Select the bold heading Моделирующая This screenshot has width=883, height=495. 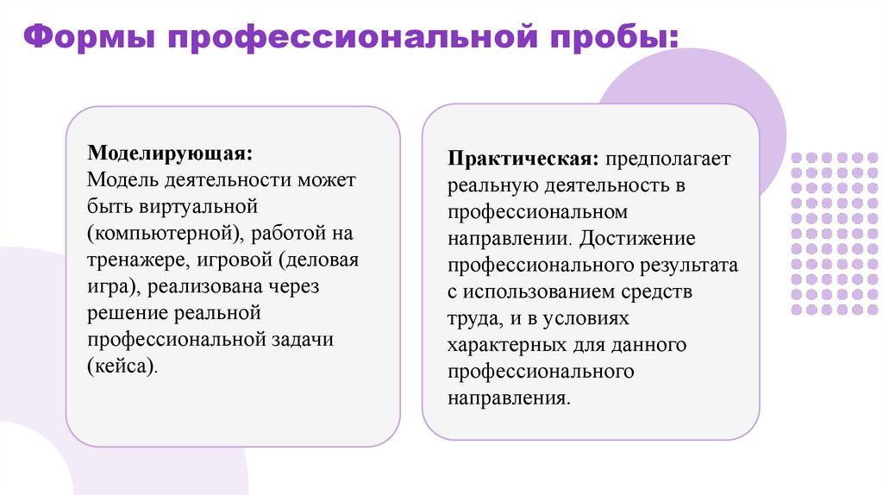click(169, 154)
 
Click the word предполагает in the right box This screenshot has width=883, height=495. click(667, 160)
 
